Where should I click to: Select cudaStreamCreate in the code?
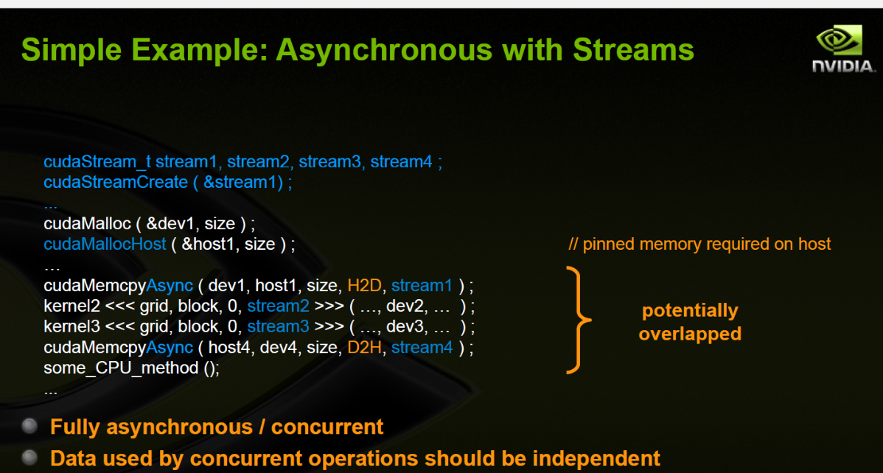[116, 182]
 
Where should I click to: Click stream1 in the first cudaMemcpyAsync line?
[422, 285]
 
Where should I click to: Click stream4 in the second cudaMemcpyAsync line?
[422, 347]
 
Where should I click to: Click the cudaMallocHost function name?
[105, 244]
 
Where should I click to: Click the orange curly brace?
[579, 320]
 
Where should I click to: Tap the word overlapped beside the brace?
[690, 334]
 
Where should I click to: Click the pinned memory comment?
[699, 244]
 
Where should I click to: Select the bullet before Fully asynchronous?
[29, 427]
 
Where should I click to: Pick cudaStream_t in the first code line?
[97, 161]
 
